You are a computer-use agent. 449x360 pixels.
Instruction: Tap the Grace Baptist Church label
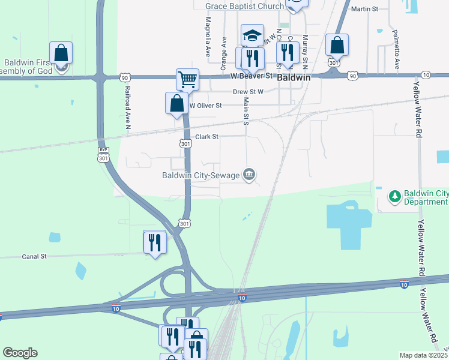coord(244,7)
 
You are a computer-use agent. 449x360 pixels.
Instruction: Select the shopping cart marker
coord(188,79)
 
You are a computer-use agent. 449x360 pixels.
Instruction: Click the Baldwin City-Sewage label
coord(200,175)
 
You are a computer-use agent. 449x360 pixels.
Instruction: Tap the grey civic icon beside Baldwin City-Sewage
coord(249,175)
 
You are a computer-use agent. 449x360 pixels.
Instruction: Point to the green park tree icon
coord(394,196)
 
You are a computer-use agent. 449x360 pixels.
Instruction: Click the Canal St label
coord(34,256)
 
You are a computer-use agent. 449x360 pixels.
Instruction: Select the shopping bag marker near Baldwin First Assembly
coord(61,53)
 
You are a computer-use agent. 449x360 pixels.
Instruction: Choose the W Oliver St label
coord(206,105)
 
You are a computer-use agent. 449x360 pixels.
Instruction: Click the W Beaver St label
coord(252,76)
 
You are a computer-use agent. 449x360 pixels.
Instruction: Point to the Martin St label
coord(364,9)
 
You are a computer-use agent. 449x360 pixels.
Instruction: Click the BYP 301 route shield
coord(103,154)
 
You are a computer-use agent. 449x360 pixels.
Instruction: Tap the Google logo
coord(20,353)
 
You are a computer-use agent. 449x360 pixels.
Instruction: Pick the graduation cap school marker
coord(253,34)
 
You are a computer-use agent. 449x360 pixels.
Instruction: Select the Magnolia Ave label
coord(208,37)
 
